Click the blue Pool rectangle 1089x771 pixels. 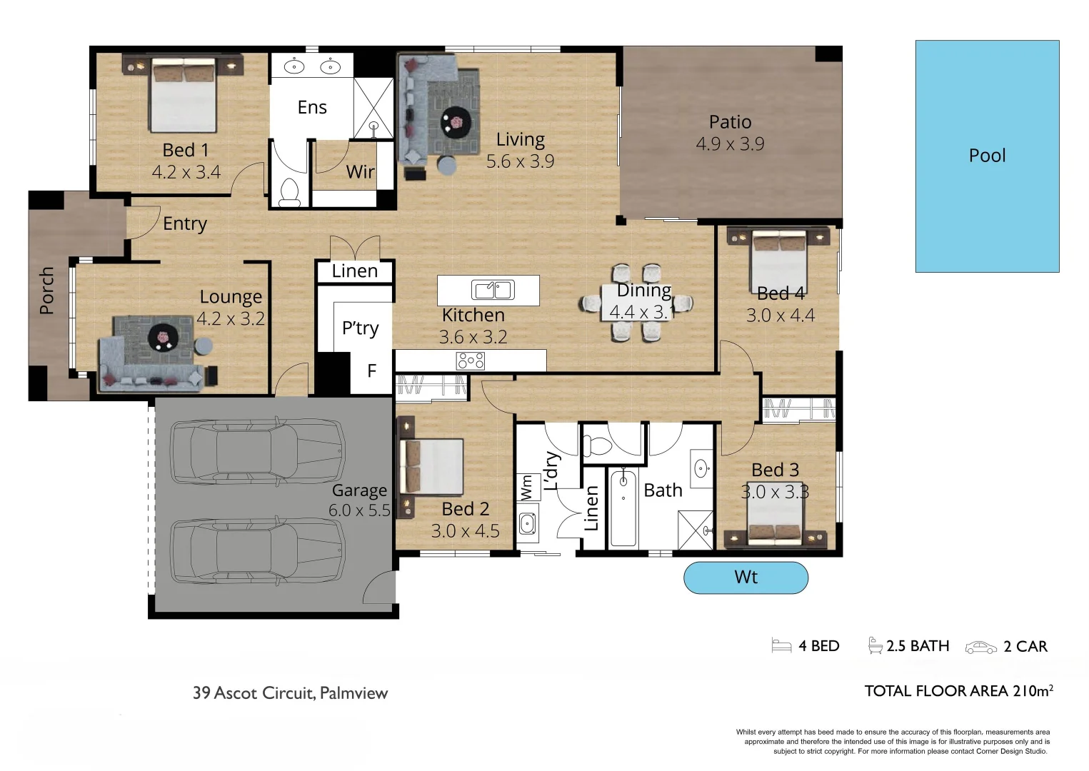pyautogui.click(x=987, y=156)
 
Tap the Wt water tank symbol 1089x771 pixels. pyautogui.click(x=746, y=578)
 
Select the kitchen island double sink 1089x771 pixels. pyautogui.click(x=493, y=290)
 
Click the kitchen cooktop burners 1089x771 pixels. pyautogui.click(x=471, y=361)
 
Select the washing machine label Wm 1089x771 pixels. pyautogui.click(x=527, y=488)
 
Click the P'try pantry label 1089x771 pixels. pyautogui.click(x=360, y=328)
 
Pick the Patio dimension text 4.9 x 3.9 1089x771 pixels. pyautogui.click(x=730, y=144)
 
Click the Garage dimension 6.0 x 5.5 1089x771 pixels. pyautogui.click(x=359, y=510)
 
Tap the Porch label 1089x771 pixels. pyautogui.click(x=46, y=291)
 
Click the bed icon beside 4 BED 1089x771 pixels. pyautogui.click(x=781, y=646)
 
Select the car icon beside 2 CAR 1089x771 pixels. pyautogui.click(x=980, y=647)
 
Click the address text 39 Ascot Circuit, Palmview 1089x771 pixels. pyautogui.click(x=290, y=693)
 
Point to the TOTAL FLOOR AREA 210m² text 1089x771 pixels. pyautogui.click(x=958, y=691)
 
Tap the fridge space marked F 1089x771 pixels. pyautogui.click(x=371, y=371)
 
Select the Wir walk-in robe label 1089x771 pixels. pyautogui.click(x=360, y=172)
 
